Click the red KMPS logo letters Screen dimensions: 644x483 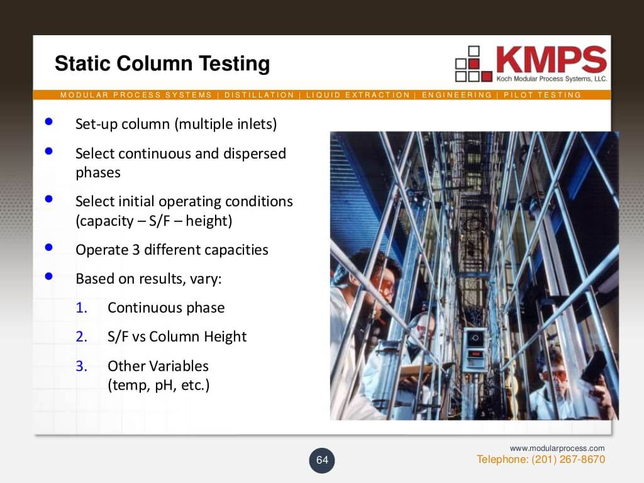(x=552, y=59)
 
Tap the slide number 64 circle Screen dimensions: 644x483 (x=322, y=460)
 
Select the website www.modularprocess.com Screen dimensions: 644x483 (x=557, y=448)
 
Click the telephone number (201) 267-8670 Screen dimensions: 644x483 (x=568, y=459)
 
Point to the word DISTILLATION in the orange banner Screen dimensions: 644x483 (x=259, y=95)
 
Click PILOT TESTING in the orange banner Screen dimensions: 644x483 (x=542, y=95)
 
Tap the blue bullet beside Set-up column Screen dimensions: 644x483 (x=49, y=121)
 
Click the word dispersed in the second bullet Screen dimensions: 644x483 (x=254, y=153)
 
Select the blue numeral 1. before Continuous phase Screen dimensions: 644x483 (x=81, y=308)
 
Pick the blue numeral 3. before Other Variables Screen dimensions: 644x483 (x=81, y=366)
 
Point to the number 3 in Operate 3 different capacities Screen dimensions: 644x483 (x=136, y=250)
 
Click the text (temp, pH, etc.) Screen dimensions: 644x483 (x=158, y=386)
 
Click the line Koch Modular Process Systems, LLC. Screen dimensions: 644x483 (x=552, y=79)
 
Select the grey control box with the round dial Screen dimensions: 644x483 (x=475, y=350)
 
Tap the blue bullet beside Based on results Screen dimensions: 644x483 (x=49, y=276)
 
